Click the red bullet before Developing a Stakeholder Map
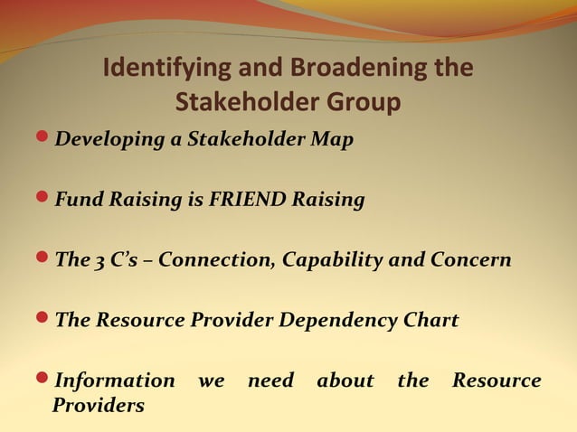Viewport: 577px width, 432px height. [x=46, y=139]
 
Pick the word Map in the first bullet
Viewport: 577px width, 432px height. [x=334, y=141]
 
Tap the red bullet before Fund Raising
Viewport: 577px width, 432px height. [x=46, y=200]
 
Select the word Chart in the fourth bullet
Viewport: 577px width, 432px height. [x=429, y=321]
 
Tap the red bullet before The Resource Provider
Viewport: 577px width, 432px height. [x=46, y=320]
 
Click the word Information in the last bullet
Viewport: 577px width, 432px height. [x=115, y=381]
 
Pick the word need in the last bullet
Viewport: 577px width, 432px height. [x=270, y=381]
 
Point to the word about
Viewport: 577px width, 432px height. [x=345, y=381]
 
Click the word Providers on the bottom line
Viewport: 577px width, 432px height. [x=99, y=406]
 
